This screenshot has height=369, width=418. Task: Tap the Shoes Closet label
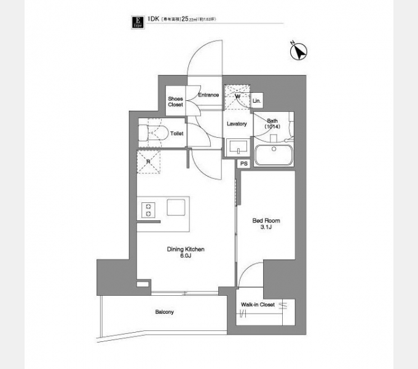(x=176, y=101)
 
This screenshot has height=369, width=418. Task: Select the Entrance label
(x=208, y=95)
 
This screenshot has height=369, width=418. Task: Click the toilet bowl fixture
(x=148, y=133)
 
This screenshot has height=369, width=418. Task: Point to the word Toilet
(x=177, y=133)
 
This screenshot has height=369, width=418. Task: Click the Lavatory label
(x=237, y=124)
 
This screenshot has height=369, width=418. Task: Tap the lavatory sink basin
(x=237, y=147)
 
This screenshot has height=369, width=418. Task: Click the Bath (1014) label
(x=272, y=123)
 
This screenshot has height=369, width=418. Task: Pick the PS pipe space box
(x=244, y=164)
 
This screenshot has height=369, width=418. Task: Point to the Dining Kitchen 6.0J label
(x=186, y=252)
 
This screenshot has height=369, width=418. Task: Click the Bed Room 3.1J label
(x=266, y=223)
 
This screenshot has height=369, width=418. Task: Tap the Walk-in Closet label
(x=258, y=304)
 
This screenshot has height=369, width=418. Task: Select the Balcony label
(x=164, y=312)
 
